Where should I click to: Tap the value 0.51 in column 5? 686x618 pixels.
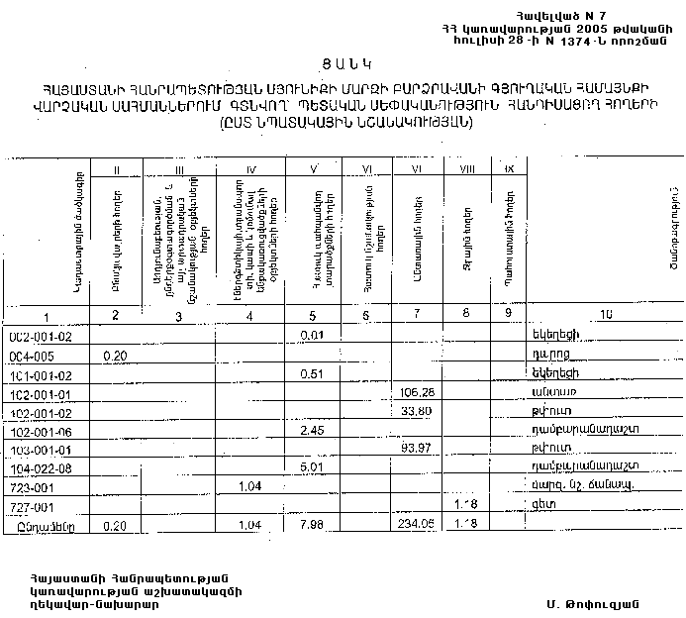[x=314, y=374]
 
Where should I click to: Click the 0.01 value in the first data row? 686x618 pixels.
[x=314, y=337]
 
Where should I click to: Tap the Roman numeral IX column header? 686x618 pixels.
[x=508, y=169]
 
